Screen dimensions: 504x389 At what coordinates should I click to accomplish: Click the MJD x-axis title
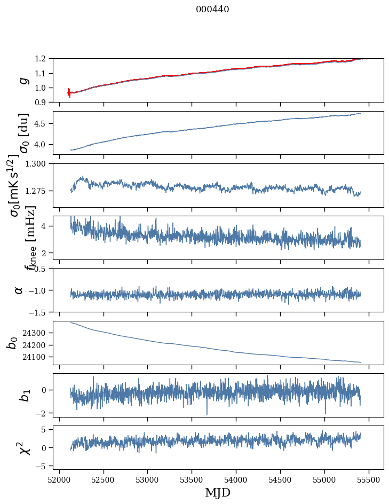coord(218,493)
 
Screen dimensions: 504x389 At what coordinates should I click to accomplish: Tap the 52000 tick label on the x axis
coord(59,479)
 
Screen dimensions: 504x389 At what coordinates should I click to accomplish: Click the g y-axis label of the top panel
coord(22,81)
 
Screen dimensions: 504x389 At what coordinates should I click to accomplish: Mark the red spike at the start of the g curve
coord(69,93)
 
